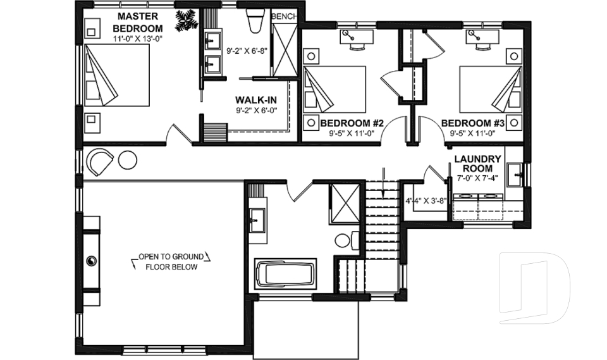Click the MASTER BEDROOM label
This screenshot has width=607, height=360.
pos(137,22)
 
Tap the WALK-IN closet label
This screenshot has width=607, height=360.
pos(254,101)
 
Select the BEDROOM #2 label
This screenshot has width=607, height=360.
pos(352,123)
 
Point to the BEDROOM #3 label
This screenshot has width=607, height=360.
pos(474,123)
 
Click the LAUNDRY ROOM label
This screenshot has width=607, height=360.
pos(478,164)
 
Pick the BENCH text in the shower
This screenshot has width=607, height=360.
pos(283,16)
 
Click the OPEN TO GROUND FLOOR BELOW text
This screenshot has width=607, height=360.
pos(171,261)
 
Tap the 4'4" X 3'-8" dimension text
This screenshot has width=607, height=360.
pos(426,201)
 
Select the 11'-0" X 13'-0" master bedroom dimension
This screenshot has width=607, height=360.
pos(137,39)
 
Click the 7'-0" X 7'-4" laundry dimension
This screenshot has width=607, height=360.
pos(478,178)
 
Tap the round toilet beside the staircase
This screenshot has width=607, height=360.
pos(344,240)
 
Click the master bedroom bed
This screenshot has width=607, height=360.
pos(117,75)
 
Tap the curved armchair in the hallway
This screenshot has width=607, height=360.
pos(99,161)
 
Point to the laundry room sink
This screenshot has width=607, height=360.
pos(516,171)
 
